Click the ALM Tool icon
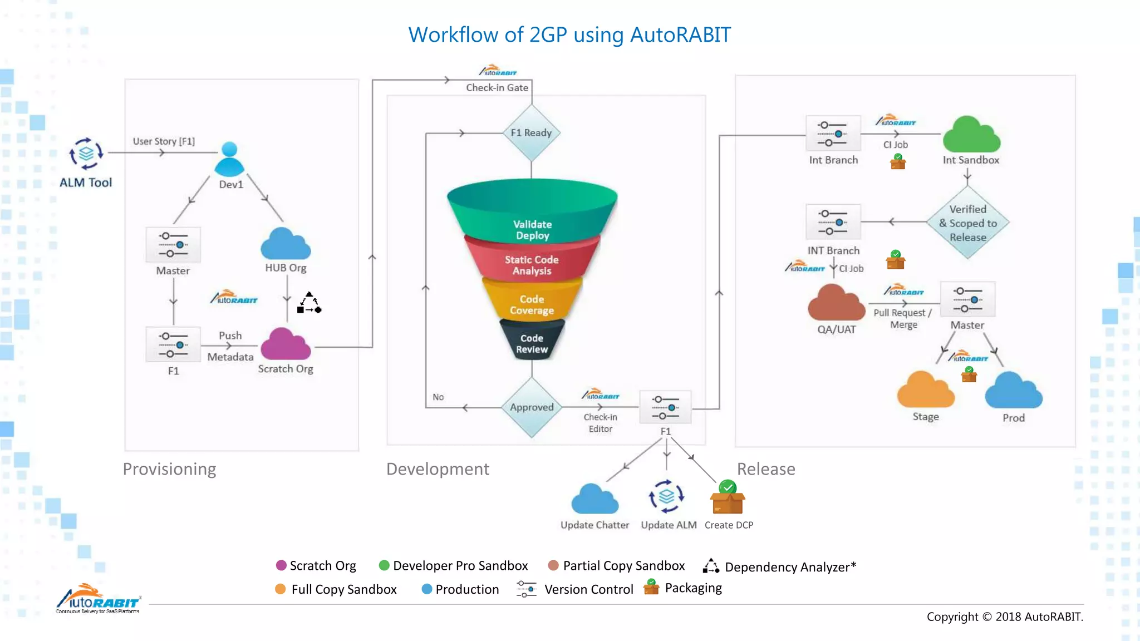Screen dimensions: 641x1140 (86, 154)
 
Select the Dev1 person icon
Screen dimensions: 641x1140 (229, 160)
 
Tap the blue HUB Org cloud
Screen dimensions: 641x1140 (286, 244)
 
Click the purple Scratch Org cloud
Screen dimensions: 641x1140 (286, 344)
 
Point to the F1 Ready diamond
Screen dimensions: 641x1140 (532, 133)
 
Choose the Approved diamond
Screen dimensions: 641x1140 (532, 407)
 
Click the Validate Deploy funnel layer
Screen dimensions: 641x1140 (532, 217)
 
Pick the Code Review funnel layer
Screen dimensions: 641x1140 (532, 342)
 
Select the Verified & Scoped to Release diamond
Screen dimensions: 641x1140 (968, 223)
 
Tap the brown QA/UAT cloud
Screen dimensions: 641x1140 (836, 304)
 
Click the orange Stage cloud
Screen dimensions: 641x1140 (925, 391)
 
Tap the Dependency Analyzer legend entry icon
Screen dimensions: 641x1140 (711, 566)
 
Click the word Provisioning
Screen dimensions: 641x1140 (169, 469)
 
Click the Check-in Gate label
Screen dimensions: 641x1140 (497, 88)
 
